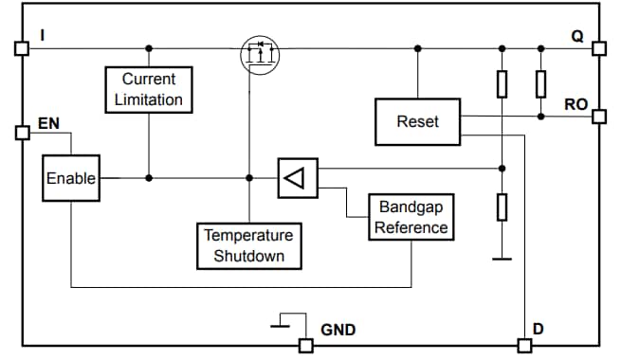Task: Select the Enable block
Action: click(70, 178)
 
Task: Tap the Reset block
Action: click(417, 121)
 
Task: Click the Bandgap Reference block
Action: click(411, 217)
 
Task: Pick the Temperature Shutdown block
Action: click(248, 245)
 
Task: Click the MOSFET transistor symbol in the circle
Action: click(258, 53)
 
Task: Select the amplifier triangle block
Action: click(297, 178)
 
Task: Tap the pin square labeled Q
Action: click(598, 47)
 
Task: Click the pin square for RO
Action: click(598, 117)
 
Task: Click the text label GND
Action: click(338, 330)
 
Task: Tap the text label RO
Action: click(575, 104)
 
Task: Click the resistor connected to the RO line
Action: click(540, 84)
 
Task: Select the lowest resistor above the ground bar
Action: click(502, 206)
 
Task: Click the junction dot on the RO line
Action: click(540, 117)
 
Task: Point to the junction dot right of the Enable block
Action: click(149, 177)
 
